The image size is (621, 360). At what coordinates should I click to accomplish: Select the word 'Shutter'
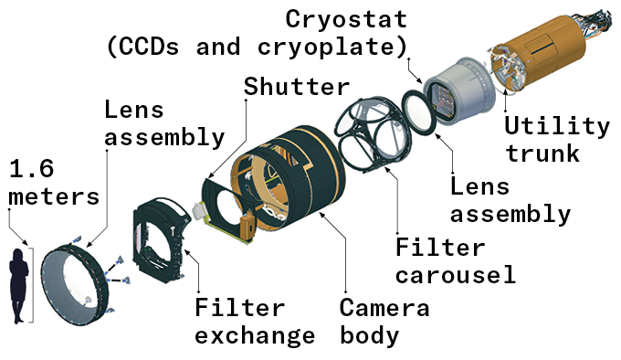pos(297,87)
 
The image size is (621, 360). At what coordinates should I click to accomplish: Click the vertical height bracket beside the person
pos(33,279)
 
